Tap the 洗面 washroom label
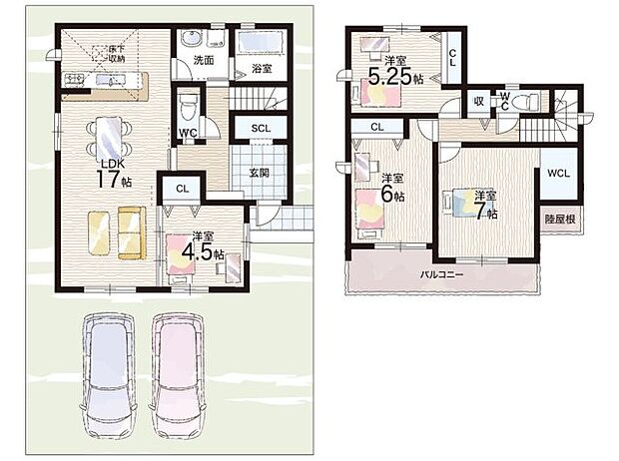[204, 62]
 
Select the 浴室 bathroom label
[262, 69]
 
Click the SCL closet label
[260, 129]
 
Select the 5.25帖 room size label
[393, 72]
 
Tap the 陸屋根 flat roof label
[558, 218]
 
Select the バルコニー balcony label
[440, 273]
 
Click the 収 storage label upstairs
[478, 101]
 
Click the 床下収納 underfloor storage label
[116, 52]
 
